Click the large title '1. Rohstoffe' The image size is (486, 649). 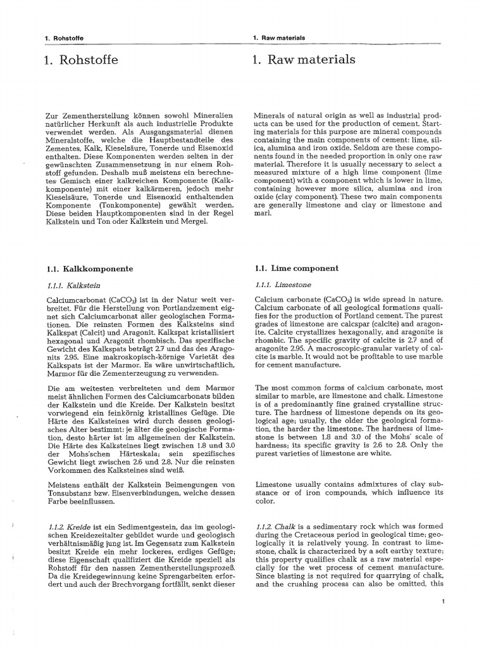(x=82, y=61)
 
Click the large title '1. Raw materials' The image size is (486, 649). (x=303, y=60)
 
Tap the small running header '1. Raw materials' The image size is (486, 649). (x=278, y=38)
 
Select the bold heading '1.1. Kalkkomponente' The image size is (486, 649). (x=90, y=269)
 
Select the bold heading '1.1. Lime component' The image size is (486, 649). (x=296, y=268)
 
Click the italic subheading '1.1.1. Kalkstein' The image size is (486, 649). (x=74, y=285)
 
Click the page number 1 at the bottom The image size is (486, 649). (x=445, y=601)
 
